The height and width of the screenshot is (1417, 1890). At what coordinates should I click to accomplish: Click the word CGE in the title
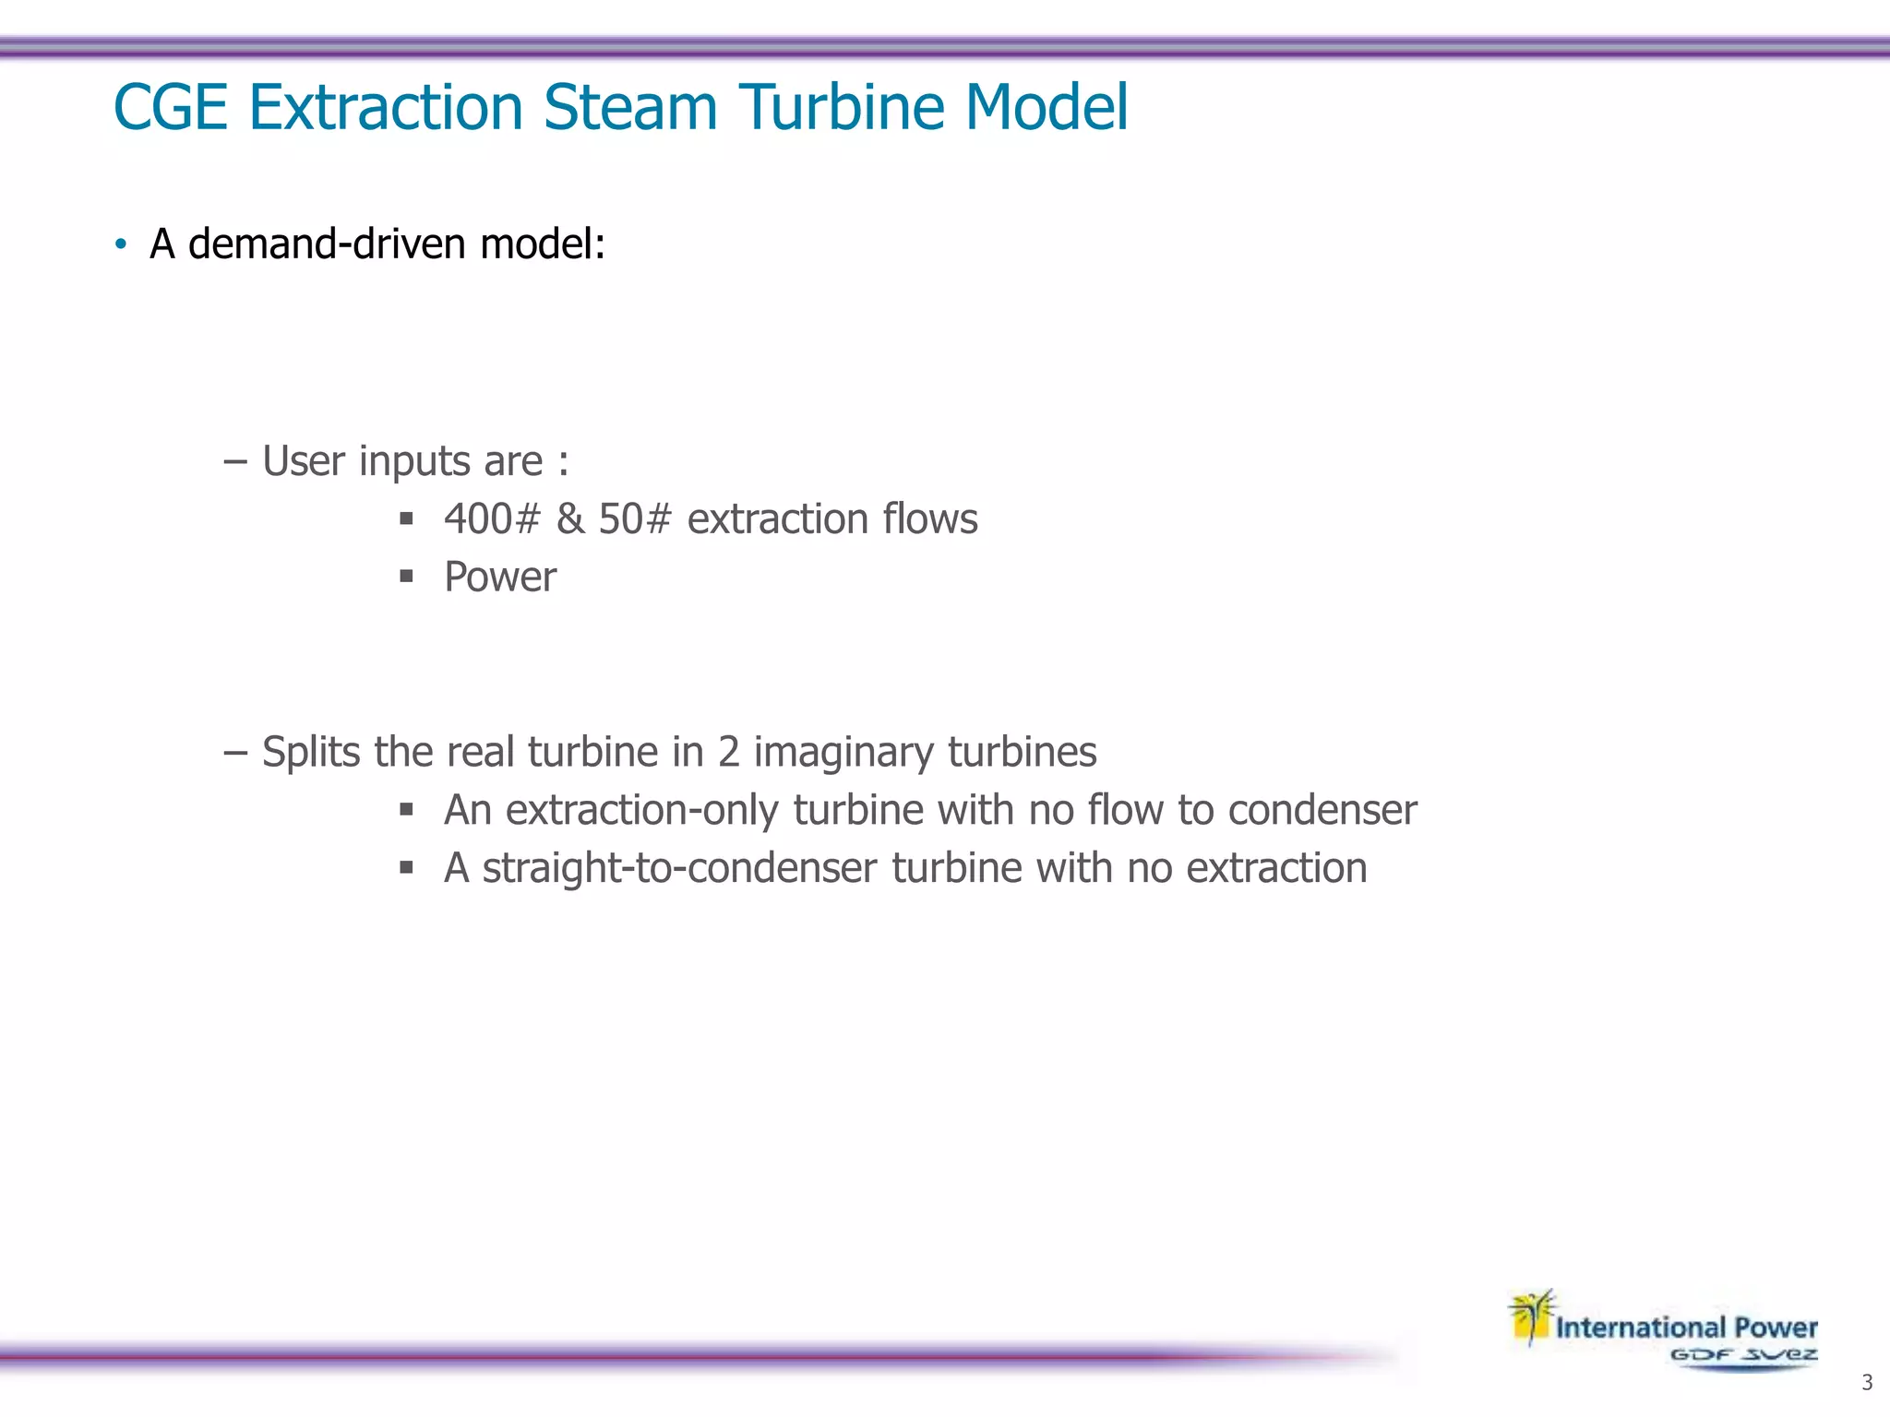[170, 108]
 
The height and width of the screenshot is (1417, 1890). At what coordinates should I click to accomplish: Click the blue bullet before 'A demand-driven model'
[121, 245]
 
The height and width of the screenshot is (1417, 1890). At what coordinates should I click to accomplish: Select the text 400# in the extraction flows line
[491, 519]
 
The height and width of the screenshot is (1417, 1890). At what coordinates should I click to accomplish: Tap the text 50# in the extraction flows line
[635, 519]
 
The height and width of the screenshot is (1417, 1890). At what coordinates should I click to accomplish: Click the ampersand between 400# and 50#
[570, 519]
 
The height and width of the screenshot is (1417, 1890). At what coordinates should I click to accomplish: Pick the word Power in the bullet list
[500, 578]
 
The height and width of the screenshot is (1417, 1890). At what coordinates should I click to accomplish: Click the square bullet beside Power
[406, 578]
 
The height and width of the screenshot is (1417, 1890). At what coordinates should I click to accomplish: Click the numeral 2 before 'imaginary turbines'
[728, 752]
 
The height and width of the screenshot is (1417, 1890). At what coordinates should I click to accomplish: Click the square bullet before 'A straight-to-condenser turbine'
[406, 867]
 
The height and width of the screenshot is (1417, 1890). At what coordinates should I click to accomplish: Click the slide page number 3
[1867, 1383]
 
